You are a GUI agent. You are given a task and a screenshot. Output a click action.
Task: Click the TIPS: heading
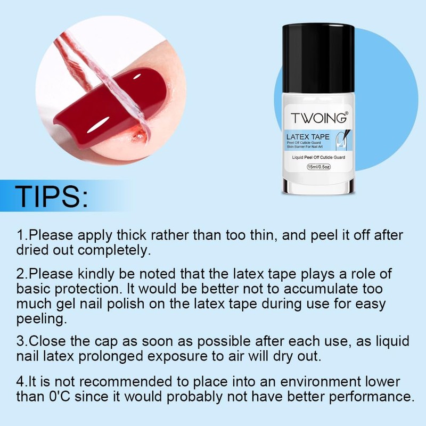[52, 197]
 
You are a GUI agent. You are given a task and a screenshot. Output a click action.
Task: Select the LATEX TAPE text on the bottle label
[308, 137]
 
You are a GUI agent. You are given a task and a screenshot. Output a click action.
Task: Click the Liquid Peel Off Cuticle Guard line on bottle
[316, 157]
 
